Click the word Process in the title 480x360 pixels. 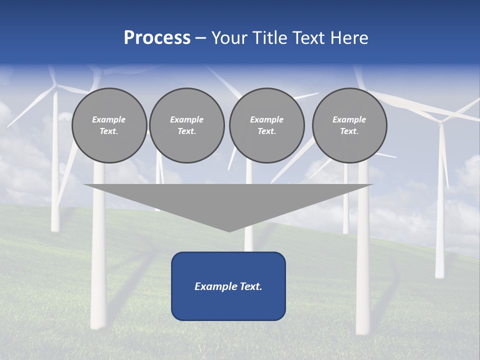click(x=157, y=38)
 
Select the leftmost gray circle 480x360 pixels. click(x=109, y=125)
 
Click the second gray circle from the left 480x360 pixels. click(x=187, y=125)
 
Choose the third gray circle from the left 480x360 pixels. click(x=266, y=125)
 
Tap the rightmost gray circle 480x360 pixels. click(x=349, y=125)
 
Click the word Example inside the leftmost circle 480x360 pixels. click(x=109, y=119)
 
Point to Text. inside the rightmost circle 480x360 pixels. click(x=349, y=131)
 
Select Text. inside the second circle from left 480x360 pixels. click(x=187, y=131)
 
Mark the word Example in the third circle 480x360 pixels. click(x=266, y=119)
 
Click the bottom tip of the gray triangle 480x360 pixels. click(x=229, y=230)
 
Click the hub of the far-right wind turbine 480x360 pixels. click(x=440, y=120)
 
